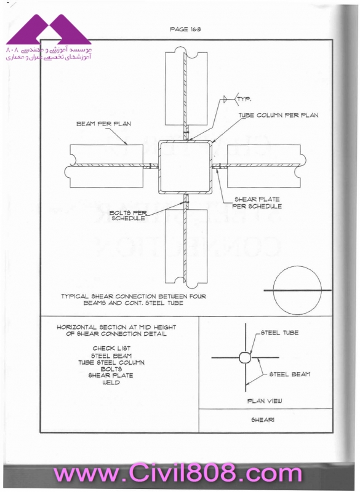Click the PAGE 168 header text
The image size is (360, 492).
185,29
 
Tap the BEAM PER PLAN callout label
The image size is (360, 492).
103,124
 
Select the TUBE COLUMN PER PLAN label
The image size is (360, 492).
278,115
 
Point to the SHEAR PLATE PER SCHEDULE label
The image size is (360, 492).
257,203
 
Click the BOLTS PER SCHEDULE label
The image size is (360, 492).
129,216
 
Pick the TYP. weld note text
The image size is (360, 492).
244,99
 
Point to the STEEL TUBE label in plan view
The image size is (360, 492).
279,333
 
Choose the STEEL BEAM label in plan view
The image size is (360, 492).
290,374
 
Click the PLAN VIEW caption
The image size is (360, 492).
265,401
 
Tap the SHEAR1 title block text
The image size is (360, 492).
262,420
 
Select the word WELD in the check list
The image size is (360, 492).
111,383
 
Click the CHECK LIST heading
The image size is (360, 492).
111,348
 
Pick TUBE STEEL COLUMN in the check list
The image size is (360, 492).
111,362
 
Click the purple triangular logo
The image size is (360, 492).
49,29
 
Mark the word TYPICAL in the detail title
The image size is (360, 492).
75,296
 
